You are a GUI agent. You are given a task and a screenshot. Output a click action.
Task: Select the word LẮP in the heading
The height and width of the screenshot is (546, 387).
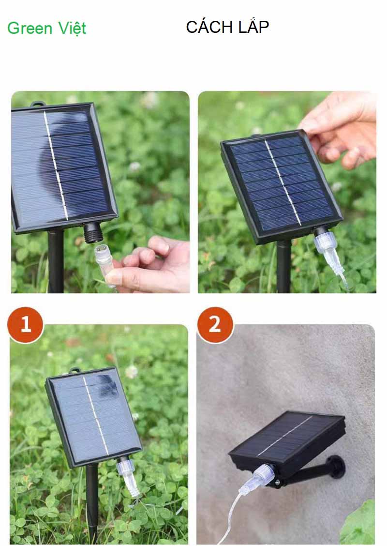coord(253,27)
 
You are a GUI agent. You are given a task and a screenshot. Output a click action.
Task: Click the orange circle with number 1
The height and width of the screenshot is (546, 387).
coord(25,324)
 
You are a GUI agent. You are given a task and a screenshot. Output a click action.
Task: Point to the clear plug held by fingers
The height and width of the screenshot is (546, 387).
coord(103,260)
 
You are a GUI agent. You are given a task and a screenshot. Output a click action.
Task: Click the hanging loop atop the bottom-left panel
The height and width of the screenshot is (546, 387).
coord(74,371)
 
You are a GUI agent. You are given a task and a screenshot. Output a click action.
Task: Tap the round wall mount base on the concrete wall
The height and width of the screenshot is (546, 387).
coord(335,466)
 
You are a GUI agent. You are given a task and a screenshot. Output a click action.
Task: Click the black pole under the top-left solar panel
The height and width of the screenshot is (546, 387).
coord(56,261)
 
